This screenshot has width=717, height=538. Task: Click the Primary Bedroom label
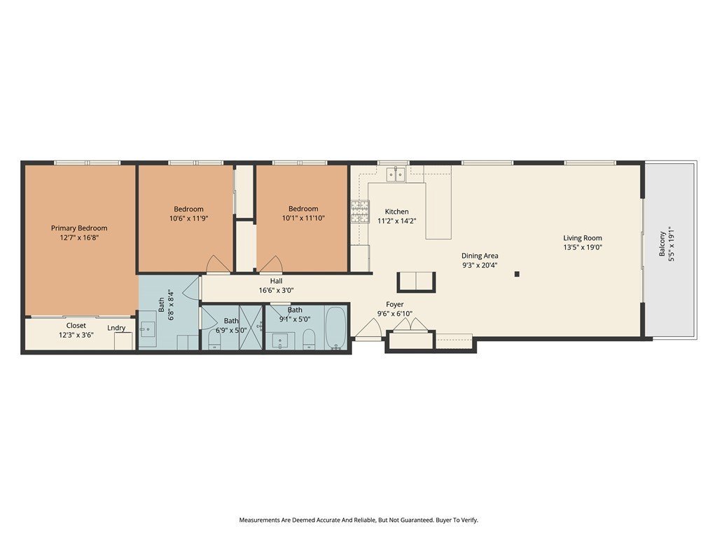pos(79,228)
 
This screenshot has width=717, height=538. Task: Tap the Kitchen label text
pos(396,212)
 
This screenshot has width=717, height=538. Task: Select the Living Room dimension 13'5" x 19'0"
pos(583,247)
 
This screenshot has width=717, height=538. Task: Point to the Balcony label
pos(662,244)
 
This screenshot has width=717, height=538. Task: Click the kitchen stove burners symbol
pos(360,212)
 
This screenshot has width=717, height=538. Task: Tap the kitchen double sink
pos(396,174)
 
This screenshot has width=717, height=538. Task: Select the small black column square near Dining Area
pos(517,274)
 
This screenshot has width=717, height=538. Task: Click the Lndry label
pos(116,328)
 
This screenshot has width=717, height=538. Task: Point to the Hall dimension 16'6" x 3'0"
pos(276,290)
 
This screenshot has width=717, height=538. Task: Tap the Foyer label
pos(395,304)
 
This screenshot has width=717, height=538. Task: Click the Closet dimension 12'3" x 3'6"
pos(76,334)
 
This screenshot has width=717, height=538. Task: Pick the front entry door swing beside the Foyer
pos(368,329)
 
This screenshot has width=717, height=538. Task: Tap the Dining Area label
pos(480,256)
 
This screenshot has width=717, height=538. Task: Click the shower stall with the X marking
pos(251,327)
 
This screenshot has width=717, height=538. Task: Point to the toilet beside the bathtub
pos(309,339)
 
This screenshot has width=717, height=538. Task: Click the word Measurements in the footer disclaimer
pos(259,520)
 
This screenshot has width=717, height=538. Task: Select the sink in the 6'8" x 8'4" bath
pos(147,328)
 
